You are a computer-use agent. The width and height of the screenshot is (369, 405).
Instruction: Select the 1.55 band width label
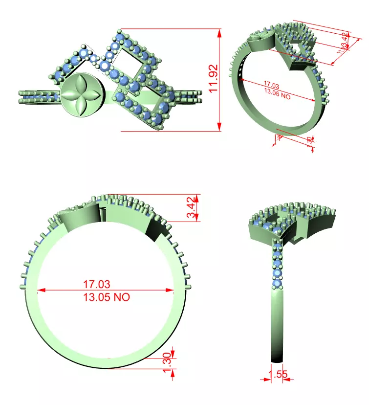point(278,375)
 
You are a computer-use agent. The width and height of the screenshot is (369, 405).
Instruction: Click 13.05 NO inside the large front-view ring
point(107,297)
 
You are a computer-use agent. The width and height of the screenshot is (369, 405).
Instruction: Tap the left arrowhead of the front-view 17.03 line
point(40,290)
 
